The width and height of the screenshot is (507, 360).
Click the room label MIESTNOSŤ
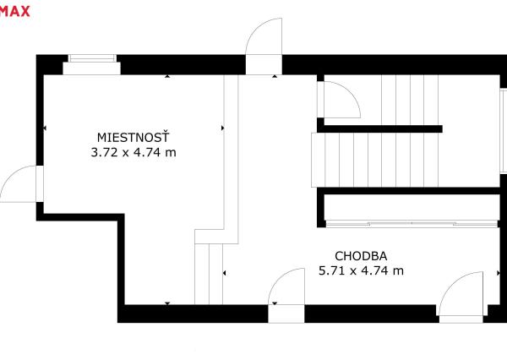pos(133,137)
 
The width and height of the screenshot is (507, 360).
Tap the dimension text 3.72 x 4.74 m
pos(134,152)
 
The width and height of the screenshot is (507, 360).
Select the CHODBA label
pos(361,256)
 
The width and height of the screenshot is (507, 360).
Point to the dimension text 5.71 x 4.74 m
pos(361,270)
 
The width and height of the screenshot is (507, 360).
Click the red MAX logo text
pos(14,11)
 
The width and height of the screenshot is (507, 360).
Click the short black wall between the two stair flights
pos(379,128)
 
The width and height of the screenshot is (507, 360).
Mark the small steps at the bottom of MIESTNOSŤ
pos(209,274)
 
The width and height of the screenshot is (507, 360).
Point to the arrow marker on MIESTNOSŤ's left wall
pos(45,128)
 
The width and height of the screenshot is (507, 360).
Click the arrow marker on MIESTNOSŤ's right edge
pos(223,128)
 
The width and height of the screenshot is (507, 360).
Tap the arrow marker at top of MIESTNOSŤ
pos(167,76)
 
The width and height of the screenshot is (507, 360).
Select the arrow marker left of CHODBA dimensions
pos(224,273)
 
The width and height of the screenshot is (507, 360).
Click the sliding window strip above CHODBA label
pos(412,223)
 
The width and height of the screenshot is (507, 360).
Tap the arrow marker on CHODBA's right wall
pos(499,273)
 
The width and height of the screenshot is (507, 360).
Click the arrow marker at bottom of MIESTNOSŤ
pos(167,303)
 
